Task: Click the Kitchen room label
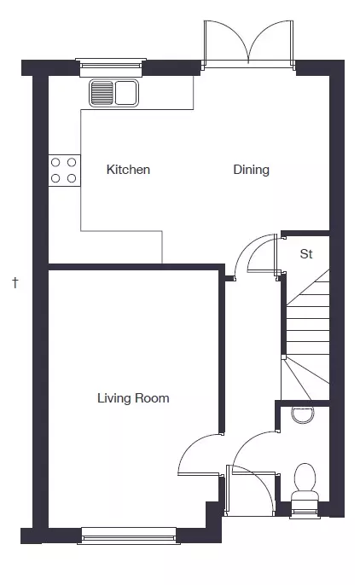coord(128,170)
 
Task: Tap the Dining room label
coord(251,170)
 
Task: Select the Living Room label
coord(133,398)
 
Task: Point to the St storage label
coord(306,254)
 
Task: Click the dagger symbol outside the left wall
coord(15,282)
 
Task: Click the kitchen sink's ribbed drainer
coord(102,93)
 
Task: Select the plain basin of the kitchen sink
coord(125,93)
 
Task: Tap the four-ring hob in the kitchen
coord(64,171)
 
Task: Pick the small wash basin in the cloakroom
coord(303,414)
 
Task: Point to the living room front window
coord(129,536)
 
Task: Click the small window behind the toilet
coord(305,513)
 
